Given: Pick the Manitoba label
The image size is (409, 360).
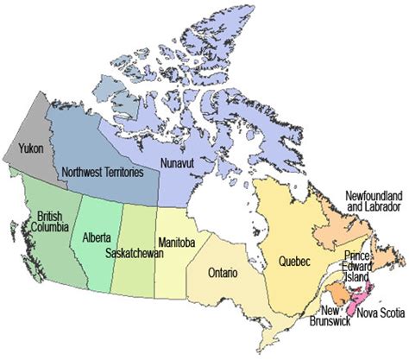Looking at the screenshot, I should (x=177, y=243).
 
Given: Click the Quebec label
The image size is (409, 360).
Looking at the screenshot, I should (x=297, y=261).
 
